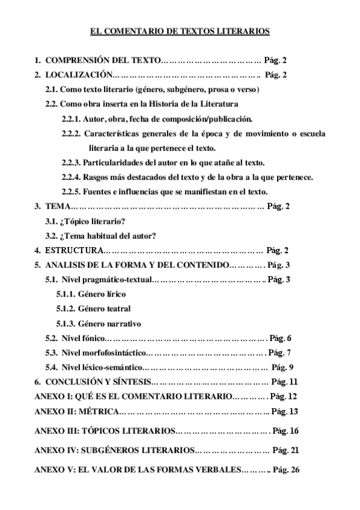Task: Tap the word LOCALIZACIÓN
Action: pyautogui.click(x=78, y=75)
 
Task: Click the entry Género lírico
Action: pyautogui.click(x=103, y=294)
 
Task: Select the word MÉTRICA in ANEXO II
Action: pyautogui.click(x=97, y=411)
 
